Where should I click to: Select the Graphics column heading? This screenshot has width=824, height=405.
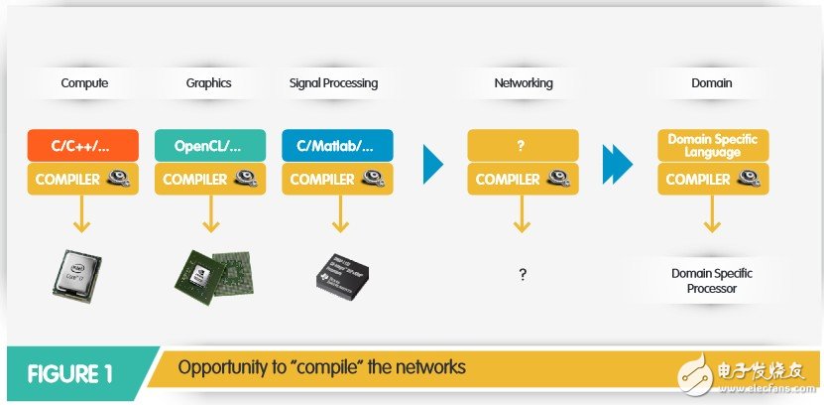209,83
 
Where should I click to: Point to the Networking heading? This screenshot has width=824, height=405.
523,83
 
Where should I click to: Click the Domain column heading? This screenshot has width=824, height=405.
711,83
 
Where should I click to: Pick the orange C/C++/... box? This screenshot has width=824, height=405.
81,145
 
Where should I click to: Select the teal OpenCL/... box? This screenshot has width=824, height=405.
209,145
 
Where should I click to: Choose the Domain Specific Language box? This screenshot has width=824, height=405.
712,145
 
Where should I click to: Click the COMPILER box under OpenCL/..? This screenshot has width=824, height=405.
209,180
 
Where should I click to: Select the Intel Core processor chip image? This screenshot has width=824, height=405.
81,275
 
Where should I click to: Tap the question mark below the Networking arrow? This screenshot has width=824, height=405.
523,275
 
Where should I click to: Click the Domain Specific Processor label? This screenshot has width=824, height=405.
711,280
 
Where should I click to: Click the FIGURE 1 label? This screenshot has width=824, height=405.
69,373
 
